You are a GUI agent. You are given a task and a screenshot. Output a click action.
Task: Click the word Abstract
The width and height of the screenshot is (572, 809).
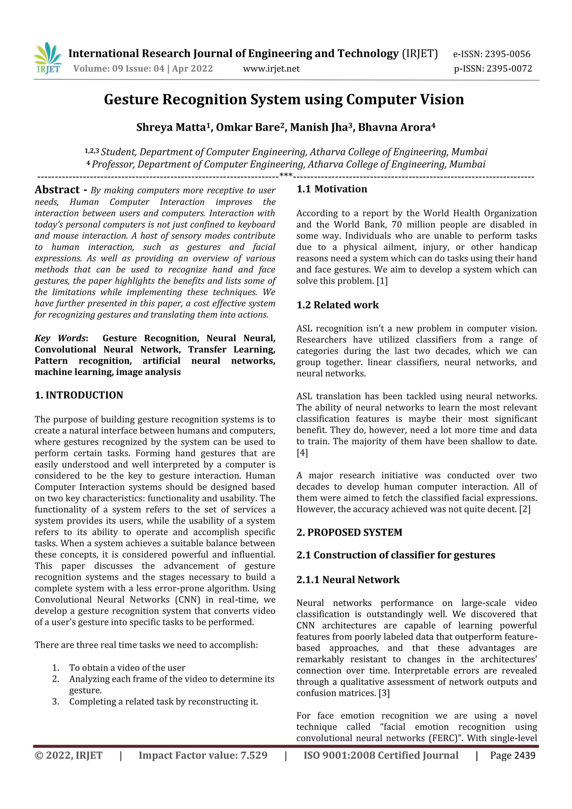[x=57, y=190]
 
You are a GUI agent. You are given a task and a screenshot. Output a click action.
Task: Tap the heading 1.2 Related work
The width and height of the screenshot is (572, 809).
[x=337, y=305]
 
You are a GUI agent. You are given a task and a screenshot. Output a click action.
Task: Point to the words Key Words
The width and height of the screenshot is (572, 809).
[x=60, y=338]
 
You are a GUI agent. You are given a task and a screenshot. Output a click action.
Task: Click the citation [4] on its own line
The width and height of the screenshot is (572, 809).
[x=302, y=453]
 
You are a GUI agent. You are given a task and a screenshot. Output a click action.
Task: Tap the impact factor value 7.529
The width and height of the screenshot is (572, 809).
[x=253, y=755]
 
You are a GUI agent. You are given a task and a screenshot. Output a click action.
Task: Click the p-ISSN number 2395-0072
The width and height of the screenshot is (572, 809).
[x=509, y=69]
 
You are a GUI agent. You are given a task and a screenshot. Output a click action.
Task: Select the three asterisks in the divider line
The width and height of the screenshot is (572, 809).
[x=285, y=175]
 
